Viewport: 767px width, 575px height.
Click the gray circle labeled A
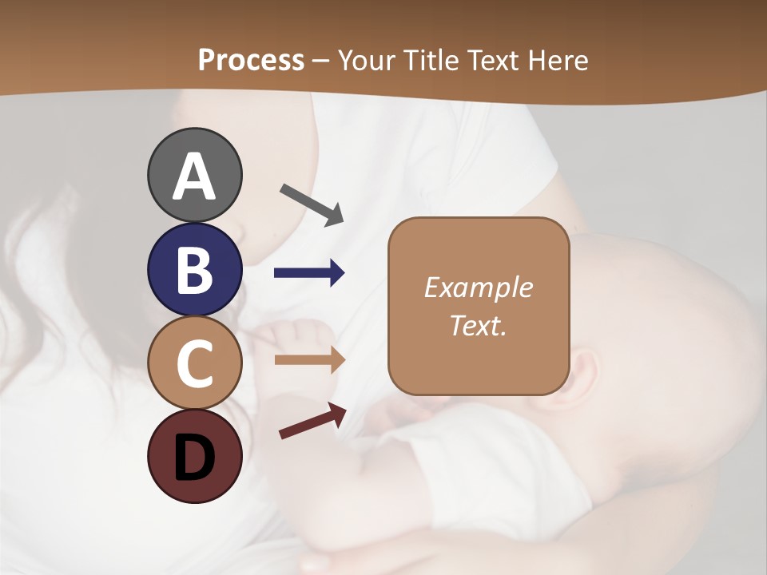click(194, 175)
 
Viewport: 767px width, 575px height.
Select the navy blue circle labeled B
click(194, 269)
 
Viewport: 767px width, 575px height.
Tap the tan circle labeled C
click(194, 363)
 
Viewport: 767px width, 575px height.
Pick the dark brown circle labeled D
click(194, 456)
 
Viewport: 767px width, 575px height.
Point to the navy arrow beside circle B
click(309, 273)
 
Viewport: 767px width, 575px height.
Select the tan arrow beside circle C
click(309, 360)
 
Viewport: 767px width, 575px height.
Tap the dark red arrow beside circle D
click(312, 422)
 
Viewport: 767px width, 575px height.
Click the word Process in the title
click(251, 61)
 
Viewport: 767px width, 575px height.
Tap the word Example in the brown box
click(478, 287)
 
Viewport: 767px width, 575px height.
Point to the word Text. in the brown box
click(478, 325)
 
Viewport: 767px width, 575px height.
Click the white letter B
click(194, 270)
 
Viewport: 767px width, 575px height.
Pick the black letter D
click(194, 457)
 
